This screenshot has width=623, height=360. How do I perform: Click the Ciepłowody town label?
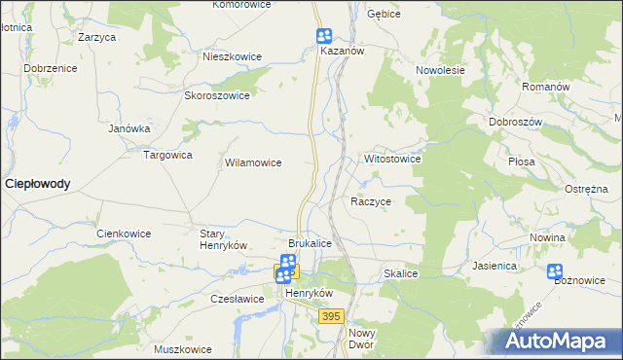click(x=37, y=183)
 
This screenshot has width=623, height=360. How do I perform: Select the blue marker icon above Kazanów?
click(x=324, y=36)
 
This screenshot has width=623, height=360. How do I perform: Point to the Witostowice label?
click(x=391, y=158)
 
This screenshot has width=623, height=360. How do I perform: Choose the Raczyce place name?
click(x=370, y=201)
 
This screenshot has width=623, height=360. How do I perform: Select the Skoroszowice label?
click(x=217, y=95)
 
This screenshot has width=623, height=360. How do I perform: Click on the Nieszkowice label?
click(x=232, y=56)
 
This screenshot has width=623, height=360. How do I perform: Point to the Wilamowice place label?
click(x=253, y=163)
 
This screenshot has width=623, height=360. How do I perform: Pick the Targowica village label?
click(x=167, y=155)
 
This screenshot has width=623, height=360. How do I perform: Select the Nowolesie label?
click(x=440, y=70)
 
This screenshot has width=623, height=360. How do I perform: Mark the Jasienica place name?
click(x=493, y=265)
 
